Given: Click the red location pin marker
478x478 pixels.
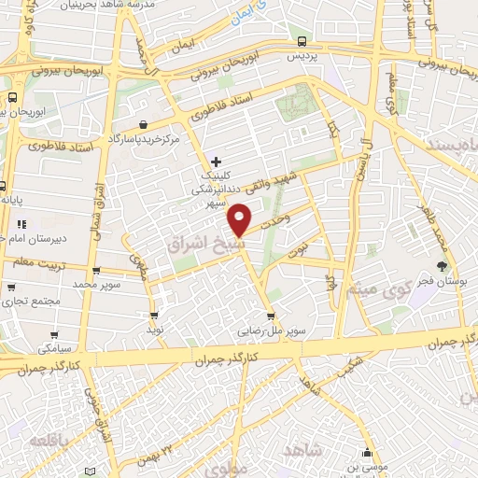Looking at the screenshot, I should pyautogui.click(x=241, y=220).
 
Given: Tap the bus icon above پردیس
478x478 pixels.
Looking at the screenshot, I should pyautogui.click(x=302, y=41).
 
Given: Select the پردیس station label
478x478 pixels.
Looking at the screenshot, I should pyautogui.click(x=302, y=57).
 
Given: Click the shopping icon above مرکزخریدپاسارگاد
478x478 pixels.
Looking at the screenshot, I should pyautogui.click(x=141, y=124).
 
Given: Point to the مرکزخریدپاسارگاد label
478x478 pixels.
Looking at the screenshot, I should pyautogui.click(x=143, y=139).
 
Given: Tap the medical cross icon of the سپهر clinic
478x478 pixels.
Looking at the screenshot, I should pyautogui.click(x=216, y=161).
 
